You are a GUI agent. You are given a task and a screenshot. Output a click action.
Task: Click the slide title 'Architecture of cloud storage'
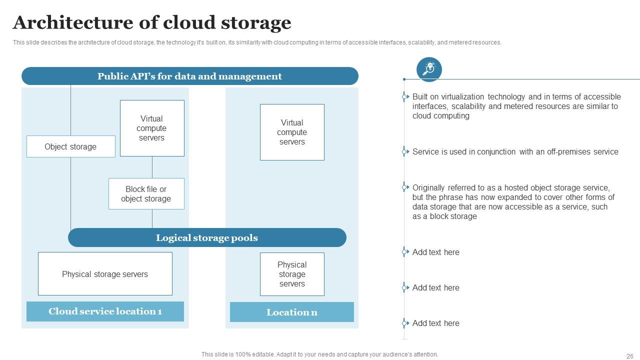[x=152, y=23]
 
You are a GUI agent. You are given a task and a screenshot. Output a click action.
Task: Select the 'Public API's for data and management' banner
[x=190, y=76]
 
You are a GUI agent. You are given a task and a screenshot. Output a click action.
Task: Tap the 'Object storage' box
[x=70, y=146]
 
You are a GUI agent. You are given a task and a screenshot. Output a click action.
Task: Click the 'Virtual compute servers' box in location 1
[x=152, y=128]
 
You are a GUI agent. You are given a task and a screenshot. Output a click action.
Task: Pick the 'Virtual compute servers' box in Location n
[x=292, y=132]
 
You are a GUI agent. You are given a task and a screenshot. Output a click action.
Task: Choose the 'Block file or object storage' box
[x=146, y=193]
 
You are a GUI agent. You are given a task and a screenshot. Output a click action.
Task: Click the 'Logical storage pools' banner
[x=207, y=237]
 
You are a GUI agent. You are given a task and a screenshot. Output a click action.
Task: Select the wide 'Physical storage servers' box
[x=105, y=274]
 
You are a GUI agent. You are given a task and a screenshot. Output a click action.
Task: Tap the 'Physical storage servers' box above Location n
[x=292, y=274]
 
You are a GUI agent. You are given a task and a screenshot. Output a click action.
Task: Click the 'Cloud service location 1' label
[x=105, y=311]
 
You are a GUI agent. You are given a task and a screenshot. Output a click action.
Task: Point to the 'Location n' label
[x=292, y=312]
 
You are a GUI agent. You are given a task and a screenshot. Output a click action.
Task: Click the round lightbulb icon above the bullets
[x=429, y=69]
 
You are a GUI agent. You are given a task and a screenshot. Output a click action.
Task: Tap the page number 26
[x=629, y=356]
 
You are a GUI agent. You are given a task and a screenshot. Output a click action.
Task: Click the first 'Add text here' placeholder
[x=435, y=252]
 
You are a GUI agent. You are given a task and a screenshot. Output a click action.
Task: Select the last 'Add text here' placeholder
[x=435, y=323]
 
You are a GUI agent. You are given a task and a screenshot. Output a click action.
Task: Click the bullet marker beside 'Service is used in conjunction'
[x=404, y=151]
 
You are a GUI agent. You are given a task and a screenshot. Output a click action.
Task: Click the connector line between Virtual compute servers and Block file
[x=152, y=167]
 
